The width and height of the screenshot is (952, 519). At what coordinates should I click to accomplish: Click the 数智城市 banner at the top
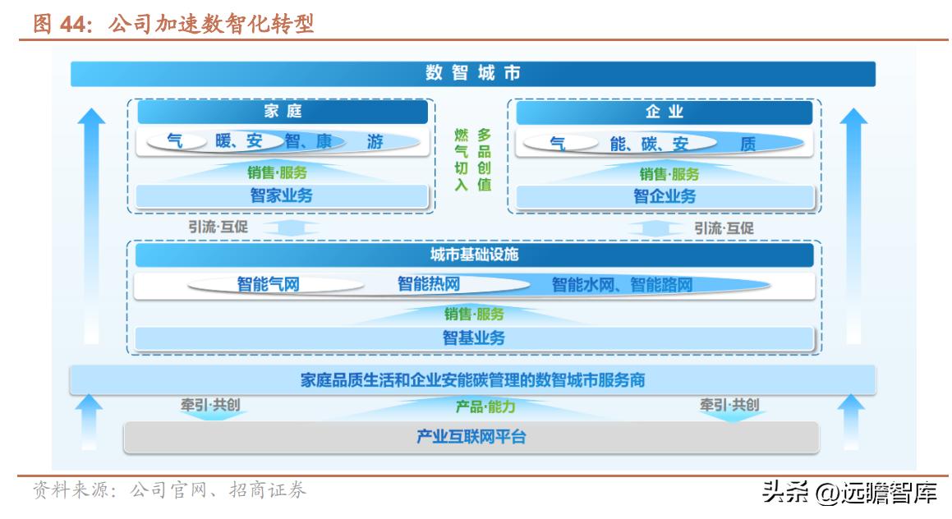click(x=473, y=73)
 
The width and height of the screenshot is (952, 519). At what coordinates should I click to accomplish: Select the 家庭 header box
click(x=283, y=112)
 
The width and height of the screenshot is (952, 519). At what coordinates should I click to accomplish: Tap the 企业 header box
click(x=665, y=113)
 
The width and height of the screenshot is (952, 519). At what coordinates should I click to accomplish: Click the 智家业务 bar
click(x=282, y=196)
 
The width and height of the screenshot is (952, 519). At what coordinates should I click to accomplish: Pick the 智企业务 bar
click(x=665, y=196)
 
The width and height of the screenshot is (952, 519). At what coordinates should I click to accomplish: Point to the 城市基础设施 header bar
click(x=474, y=255)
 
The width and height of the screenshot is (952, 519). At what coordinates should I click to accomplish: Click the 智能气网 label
click(x=269, y=284)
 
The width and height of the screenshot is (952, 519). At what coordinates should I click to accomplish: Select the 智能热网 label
click(x=429, y=283)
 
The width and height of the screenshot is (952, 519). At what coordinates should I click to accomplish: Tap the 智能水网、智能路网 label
click(x=623, y=285)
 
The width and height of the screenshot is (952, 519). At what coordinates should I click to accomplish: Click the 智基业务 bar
click(x=474, y=338)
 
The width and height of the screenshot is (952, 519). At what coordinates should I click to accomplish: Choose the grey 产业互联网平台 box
click(x=471, y=437)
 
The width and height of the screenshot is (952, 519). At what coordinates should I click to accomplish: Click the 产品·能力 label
click(x=485, y=406)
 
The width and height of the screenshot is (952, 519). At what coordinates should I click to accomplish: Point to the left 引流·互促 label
click(x=218, y=227)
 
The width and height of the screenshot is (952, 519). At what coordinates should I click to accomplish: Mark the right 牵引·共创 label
click(x=729, y=405)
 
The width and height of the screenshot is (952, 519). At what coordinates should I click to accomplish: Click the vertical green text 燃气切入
click(x=462, y=159)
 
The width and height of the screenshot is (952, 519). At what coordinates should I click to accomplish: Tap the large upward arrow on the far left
click(x=92, y=226)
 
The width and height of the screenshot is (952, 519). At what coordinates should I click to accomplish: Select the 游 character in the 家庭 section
click(x=375, y=142)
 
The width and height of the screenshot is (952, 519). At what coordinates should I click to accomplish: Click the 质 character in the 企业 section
click(x=748, y=144)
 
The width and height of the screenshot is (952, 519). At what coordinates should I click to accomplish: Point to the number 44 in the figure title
click(x=71, y=25)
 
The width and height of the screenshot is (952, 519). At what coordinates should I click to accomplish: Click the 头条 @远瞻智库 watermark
click(x=849, y=492)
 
